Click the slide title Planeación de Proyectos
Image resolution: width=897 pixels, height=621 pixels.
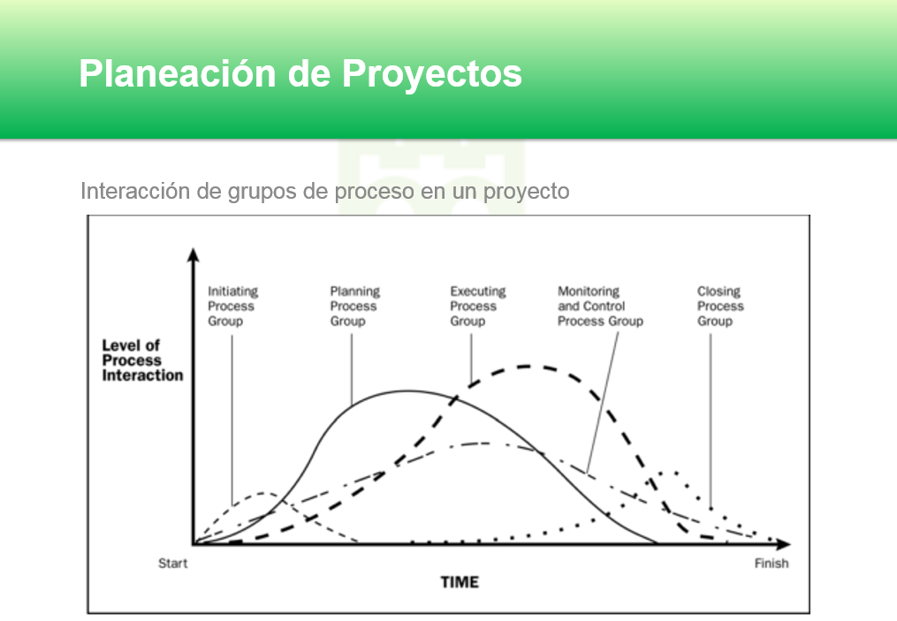tap(300, 73)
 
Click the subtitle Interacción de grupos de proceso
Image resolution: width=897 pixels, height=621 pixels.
tap(324, 191)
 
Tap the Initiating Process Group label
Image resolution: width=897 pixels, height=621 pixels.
tap(232, 306)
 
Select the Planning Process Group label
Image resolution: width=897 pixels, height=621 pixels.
tap(354, 306)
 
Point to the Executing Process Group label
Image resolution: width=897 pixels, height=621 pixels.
tap(477, 306)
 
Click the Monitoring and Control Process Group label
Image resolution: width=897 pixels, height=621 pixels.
tap(600, 306)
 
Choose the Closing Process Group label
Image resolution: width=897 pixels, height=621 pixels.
tap(719, 306)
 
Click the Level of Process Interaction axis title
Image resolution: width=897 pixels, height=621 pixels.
tap(142, 360)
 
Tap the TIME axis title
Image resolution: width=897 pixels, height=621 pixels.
tap(460, 582)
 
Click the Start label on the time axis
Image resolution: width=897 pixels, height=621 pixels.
tap(172, 563)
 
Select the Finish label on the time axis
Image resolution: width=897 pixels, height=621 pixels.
tap(771, 563)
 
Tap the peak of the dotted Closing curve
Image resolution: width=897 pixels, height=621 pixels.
tap(673, 473)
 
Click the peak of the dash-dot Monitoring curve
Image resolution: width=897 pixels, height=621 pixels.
tap(482, 443)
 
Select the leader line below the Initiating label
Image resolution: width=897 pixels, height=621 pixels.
tap(232, 406)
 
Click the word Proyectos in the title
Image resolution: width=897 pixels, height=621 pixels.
tap(431, 73)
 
